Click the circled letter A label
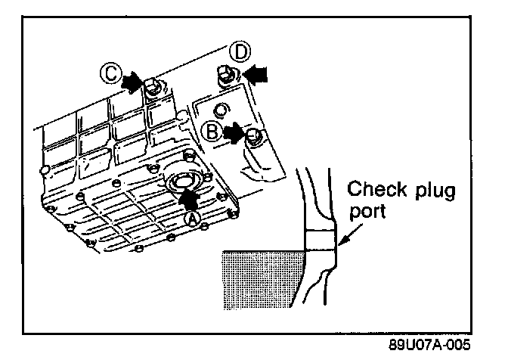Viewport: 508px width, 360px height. (x=193, y=217)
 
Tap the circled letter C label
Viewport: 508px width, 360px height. (x=109, y=73)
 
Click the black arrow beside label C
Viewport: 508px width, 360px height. (x=133, y=79)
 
